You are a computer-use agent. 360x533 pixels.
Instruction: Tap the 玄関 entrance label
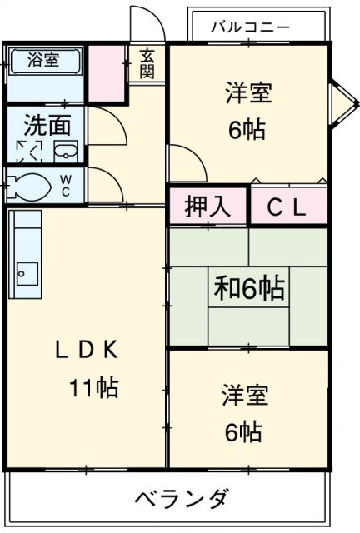click(x=147, y=64)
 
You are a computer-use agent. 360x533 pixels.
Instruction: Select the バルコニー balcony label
click(x=249, y=27)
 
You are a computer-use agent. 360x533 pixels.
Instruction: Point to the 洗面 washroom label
click(x=47, y=127)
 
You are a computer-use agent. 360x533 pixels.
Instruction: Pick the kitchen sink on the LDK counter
click(x=27, y=271)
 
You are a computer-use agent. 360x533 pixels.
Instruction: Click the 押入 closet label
click(x=208, y=207)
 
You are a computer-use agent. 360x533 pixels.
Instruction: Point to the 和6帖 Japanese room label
click(x=248, y=288)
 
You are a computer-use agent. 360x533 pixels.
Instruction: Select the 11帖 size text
click(x=93, y=387)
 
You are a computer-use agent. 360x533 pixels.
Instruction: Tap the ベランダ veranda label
click(x=180, y=500)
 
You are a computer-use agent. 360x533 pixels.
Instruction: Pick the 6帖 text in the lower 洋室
click(x=243, y=431)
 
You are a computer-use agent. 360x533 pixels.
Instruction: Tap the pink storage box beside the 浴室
click(x=107, y=72)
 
